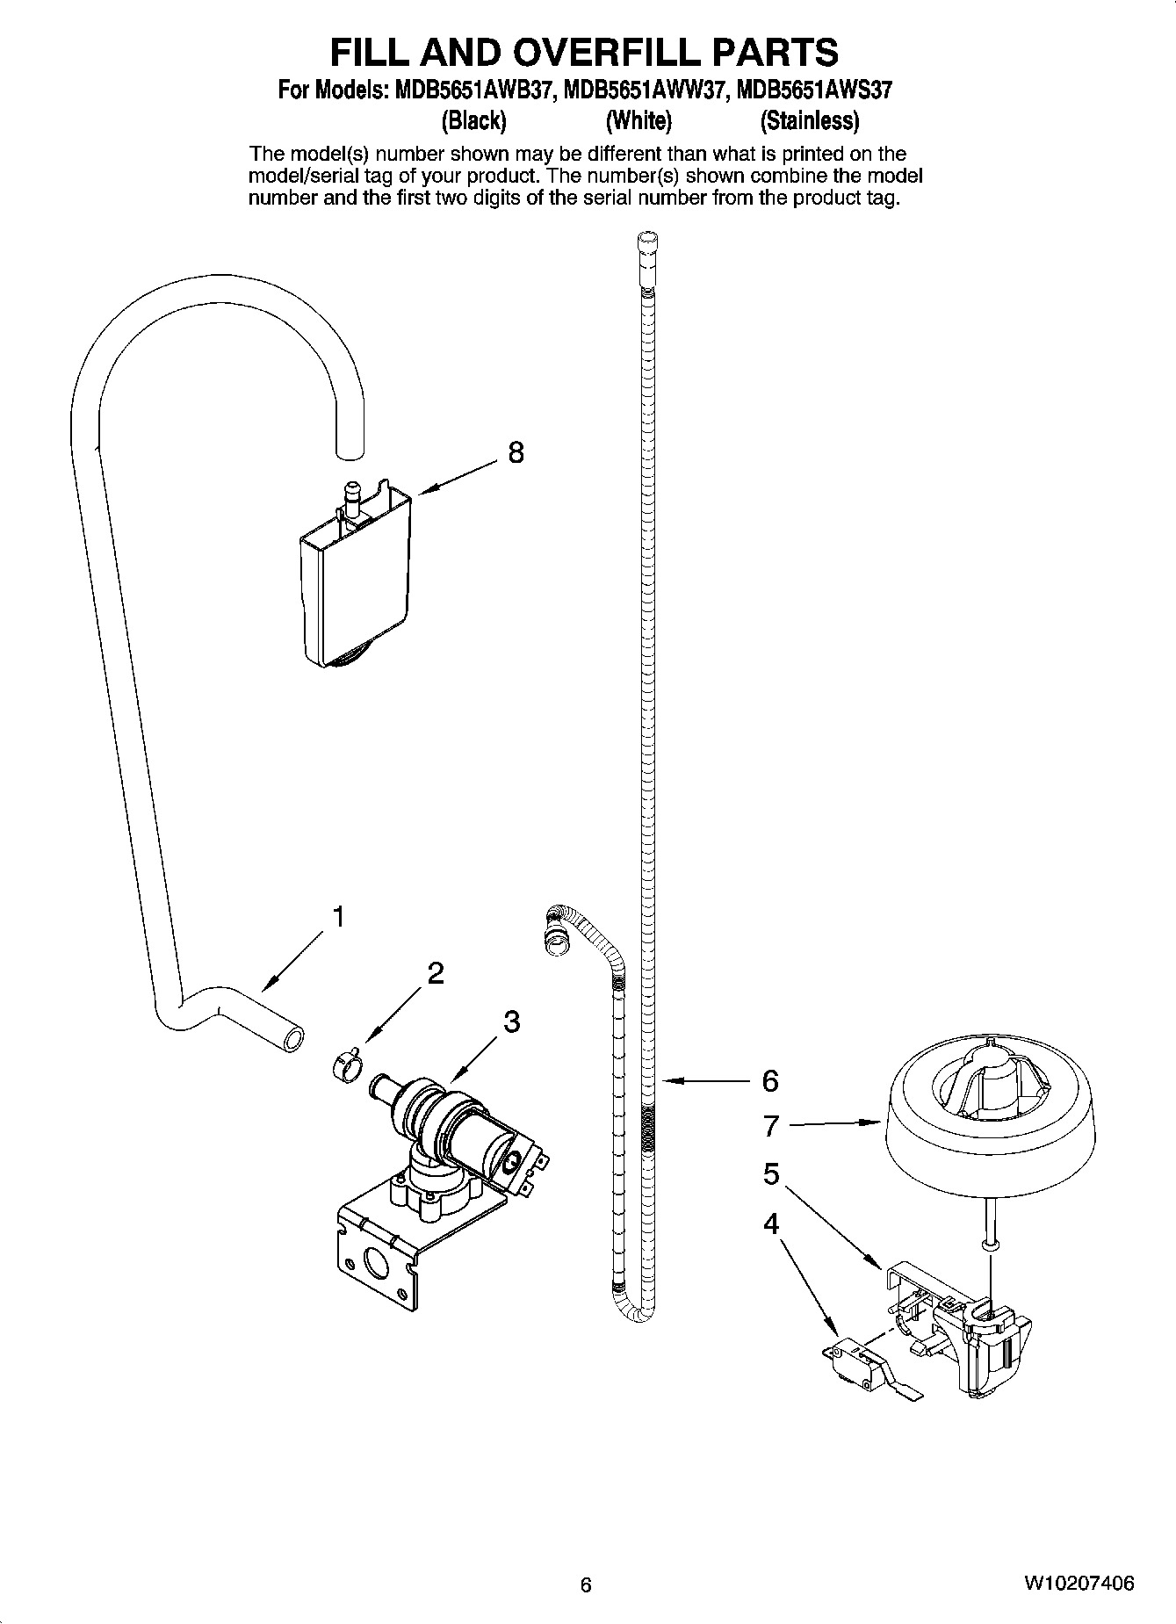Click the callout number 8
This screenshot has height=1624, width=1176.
[516, 452]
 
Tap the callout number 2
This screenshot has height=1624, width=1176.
[436, 973]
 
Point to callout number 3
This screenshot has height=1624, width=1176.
[512, 1021]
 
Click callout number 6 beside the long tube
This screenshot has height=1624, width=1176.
[770, 1081]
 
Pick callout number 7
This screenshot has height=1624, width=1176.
[771, 1125]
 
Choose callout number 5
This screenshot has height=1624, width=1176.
[771, 1174]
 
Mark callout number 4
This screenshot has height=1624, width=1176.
[771, 1223]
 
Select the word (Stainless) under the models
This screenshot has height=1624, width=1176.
[809, 119]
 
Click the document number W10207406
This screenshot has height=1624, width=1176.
[1079, 1584]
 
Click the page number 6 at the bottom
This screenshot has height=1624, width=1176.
[587, 1584]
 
